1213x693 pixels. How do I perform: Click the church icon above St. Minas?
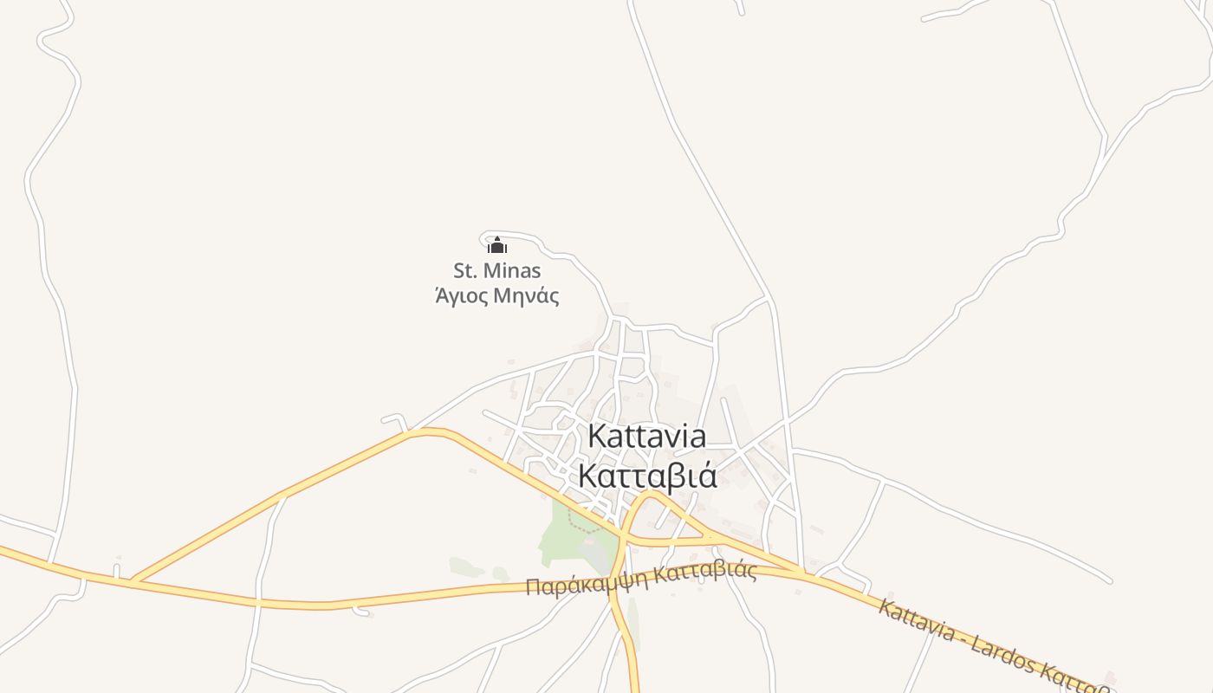point(496,247)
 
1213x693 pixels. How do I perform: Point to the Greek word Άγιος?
point(460,296)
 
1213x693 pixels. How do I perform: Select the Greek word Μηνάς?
point(526,296)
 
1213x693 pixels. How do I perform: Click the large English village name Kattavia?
point(646,437)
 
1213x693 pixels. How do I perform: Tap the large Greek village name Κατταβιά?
point(646,476)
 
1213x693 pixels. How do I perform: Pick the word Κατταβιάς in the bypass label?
point(705,573)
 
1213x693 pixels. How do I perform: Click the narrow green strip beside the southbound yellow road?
point(633,624)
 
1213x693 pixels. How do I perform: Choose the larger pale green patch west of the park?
point(466,567)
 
